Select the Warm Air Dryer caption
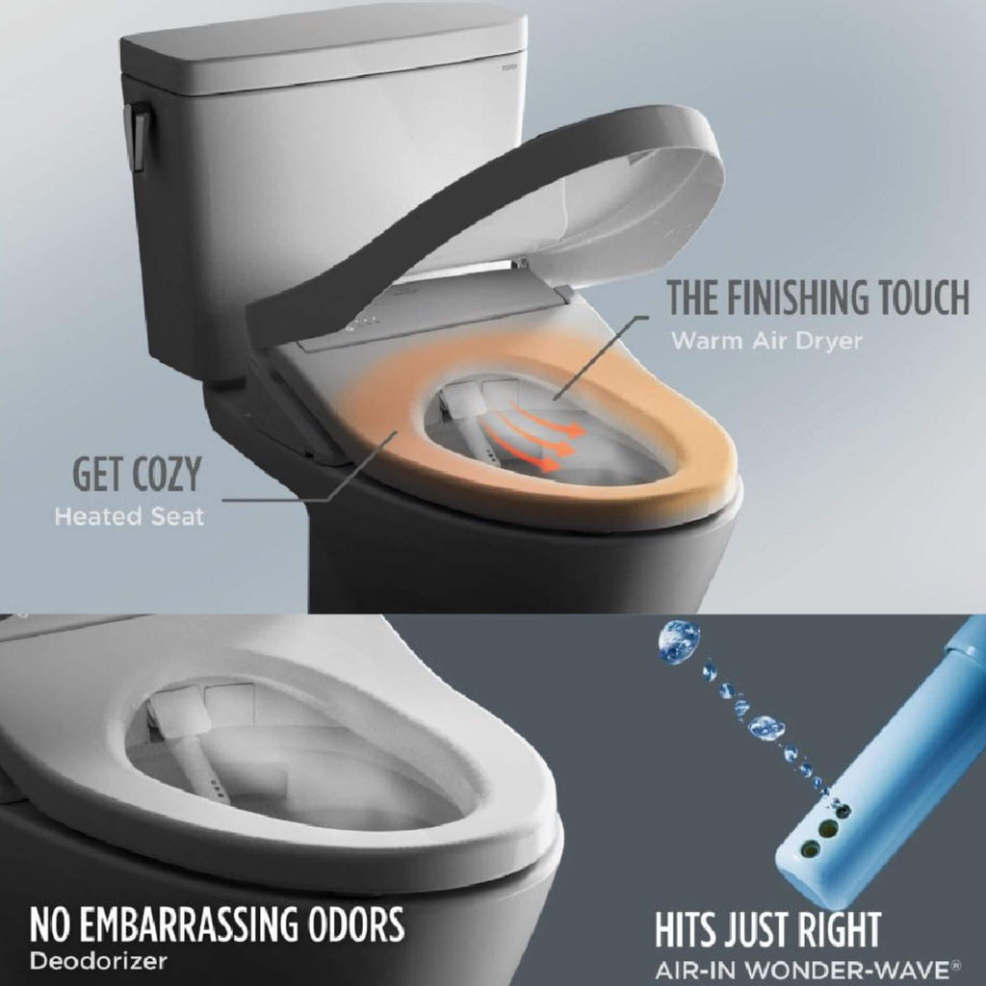(766, 340)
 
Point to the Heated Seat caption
(129, 516)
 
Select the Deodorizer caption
(98, 960)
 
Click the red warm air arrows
(534, 438)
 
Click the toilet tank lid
(323, 48)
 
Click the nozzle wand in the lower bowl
(197, 761)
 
